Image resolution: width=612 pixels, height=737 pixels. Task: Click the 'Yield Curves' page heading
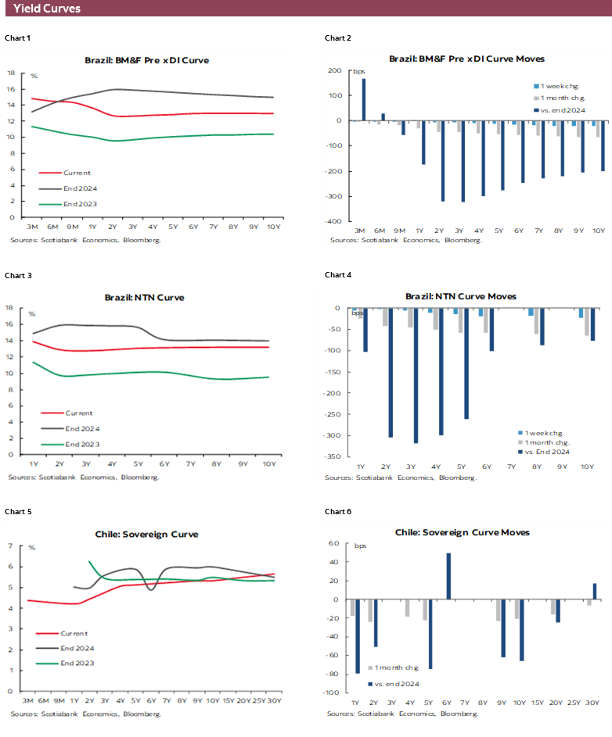click(x=46, y=9)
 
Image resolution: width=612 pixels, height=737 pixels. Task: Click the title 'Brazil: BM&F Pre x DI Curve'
click(x=146, y=59)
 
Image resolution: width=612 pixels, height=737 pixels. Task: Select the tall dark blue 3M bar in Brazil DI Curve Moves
click(x=364, y=99)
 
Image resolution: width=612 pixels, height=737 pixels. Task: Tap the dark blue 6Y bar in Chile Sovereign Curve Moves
click(x=448, y=576)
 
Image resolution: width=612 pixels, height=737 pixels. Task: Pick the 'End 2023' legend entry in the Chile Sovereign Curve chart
click(x=77, y=663)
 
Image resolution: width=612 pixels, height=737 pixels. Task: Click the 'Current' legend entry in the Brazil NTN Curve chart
click(x=77, y=413)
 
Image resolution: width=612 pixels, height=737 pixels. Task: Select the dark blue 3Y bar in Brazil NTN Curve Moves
click(x=416, y=375)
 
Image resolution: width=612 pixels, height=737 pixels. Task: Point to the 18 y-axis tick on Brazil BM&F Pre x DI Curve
click(x=11, y=73)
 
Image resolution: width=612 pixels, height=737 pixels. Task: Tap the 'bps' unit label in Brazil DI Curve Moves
click(x=358, y=72)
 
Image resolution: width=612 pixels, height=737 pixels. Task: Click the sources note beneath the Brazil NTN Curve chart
click(x=84, y=477)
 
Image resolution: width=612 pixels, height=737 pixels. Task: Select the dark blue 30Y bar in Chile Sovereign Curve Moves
click(x=594, y=591)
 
